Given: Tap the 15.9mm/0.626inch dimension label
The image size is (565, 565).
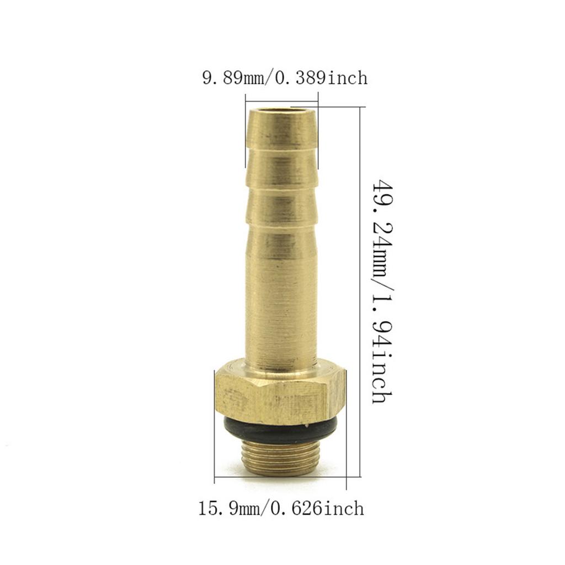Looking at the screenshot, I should pyautogui.click(x=281, y=508).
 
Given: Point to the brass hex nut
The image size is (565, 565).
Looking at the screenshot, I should pyautogui.click(x=280, y=393).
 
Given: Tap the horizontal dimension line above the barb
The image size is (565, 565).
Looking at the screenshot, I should pyautogui.click(x=281, y=100).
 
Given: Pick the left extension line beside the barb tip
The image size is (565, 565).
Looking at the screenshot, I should pyautogui.click(x=246, y=132).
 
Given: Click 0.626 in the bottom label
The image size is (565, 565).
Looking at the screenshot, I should pyautogui.click(x=299, y=508).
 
